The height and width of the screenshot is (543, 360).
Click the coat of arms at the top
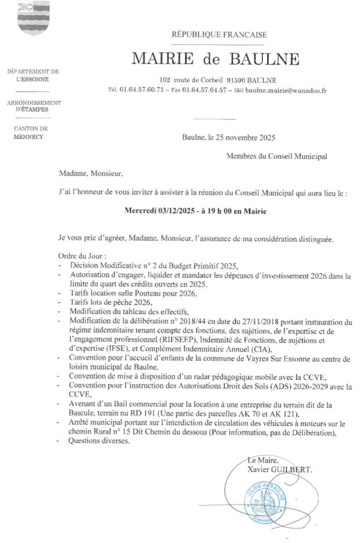click(x=33, y=18)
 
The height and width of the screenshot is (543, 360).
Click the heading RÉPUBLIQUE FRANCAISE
click(x=219, y=35)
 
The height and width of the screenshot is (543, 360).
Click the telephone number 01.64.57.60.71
click(x=142, y=90)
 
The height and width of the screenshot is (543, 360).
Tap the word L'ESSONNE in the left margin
click(x=33, y=79)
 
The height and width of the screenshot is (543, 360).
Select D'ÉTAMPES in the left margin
click(x=34, y=109)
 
